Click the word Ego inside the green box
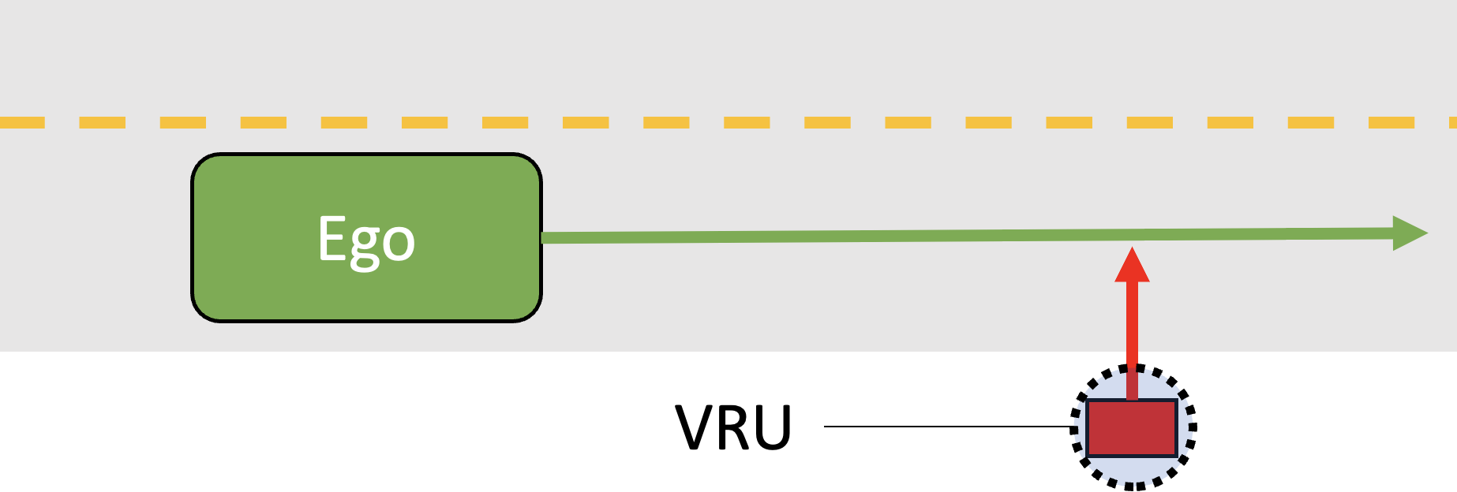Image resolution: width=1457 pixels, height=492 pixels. (366, 240)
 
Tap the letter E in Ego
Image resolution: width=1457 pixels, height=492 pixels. (331, 238)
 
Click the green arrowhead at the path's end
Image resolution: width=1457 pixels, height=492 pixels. (1409, 233)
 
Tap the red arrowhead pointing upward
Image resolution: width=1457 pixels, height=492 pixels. (1132, 266)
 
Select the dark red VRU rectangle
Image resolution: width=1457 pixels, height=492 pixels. (1132, 428)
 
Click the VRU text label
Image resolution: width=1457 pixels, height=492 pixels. (733, 428)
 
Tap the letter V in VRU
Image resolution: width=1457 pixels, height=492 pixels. (695, 428)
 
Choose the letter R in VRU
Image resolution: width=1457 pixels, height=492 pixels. (734, 428)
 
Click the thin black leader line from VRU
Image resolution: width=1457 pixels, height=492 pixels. (947, 427)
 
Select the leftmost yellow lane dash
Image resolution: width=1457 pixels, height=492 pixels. (22, 122)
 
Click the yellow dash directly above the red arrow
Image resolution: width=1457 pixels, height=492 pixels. (1149, 122)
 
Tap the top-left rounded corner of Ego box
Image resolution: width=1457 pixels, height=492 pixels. (201, 164)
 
